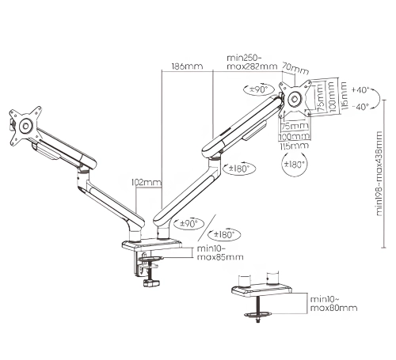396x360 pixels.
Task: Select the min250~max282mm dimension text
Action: tap(252, 62)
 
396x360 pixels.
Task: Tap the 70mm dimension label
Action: tap(297, 69)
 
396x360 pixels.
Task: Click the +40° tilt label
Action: tap(360, 89)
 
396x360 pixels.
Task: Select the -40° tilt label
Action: tap(360, 107)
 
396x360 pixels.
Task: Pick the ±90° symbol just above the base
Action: tap(189, 224)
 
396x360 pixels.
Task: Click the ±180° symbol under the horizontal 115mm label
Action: tap(294, 165)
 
